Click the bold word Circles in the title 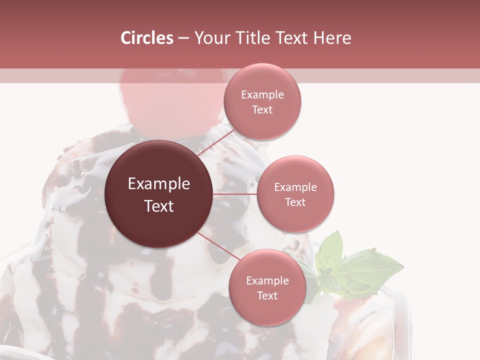(x=146, y=38)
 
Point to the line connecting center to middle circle (x=235, y=194)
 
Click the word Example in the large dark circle (x=159, y=184)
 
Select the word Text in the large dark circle (x=159, y=205)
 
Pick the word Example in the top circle (x=262, y=95)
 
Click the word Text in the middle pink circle (x=295, y=202)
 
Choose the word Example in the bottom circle (x=267, y=281)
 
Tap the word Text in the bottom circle (x=267, y=296)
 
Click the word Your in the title (x=209, y=38)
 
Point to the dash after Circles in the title (x=183, y=38)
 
